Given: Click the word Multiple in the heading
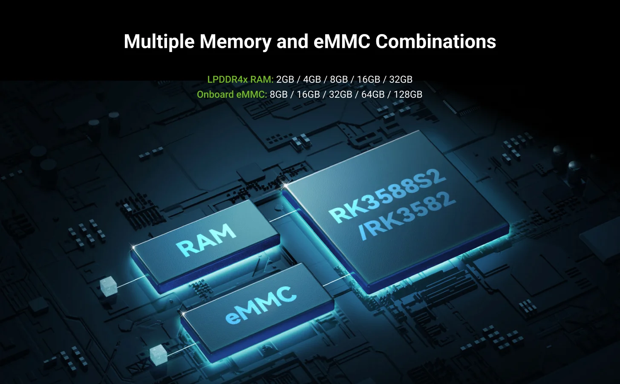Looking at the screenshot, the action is point(159,42).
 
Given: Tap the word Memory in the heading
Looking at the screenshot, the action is point(236,42).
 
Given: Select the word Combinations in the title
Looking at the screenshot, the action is point(435,41).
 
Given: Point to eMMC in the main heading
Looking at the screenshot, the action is point(342,41).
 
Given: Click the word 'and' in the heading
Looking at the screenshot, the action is point(292,41).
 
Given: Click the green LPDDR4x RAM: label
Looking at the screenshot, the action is point(240,79).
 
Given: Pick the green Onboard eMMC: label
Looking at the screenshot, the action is point(232,94).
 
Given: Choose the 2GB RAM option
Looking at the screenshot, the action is point(285,79).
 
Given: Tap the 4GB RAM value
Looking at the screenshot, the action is point(312,79).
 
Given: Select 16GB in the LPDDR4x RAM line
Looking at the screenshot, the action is point(369,79).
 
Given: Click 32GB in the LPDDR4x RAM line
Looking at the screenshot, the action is point(401,79).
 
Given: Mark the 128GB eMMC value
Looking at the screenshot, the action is point(408,94).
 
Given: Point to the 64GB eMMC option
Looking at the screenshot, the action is point(373,94).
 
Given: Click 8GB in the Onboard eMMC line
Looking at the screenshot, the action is point(279,94).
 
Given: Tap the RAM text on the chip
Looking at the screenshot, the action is point(206,240).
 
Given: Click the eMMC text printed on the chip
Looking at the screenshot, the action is point(261,305).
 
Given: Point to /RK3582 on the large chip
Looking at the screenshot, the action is point(407,216).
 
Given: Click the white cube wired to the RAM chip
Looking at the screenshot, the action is point(109,286).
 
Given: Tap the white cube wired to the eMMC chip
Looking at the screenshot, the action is point(159,355).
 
